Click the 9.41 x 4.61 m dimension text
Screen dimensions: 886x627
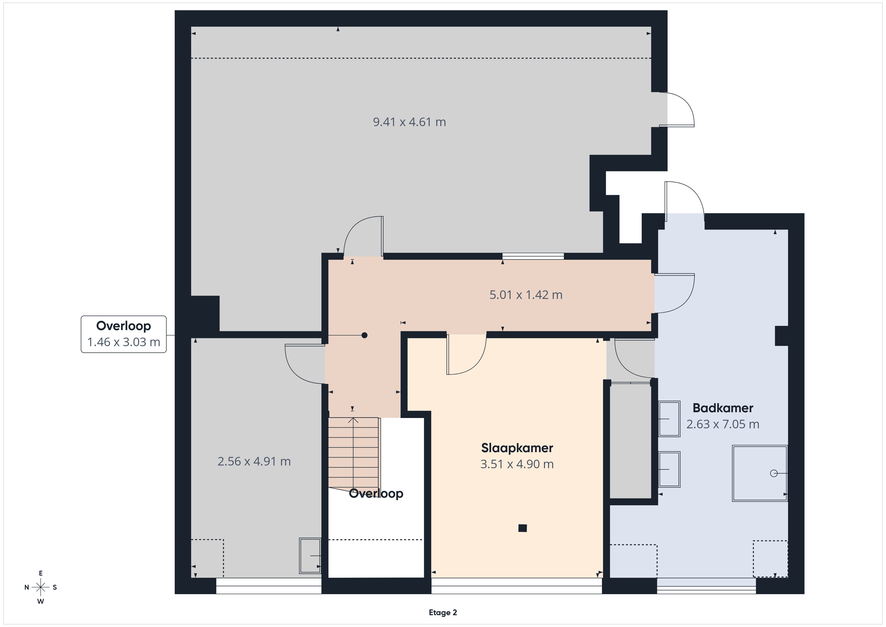point(409,122)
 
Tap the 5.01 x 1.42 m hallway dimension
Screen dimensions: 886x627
point(526,295)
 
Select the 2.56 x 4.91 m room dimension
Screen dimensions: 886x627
point(254,461)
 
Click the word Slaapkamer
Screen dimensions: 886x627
point(517,448)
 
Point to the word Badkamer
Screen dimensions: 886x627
point(723,408)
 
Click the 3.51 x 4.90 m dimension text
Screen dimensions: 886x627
point(517,464)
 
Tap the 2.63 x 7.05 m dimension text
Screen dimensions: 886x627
point(723,424)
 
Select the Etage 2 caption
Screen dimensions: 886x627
point(443,612)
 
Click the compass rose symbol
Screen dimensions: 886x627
point(40,587)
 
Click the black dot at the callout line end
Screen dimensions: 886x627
point(364,335)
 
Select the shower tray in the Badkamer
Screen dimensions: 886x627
point(759,473)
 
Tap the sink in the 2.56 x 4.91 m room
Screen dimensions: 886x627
point(310,556)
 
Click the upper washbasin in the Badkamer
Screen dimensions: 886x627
point(669,419)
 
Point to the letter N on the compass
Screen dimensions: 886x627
point(27,587)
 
